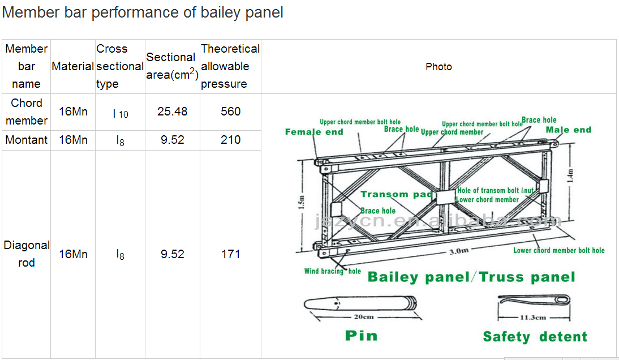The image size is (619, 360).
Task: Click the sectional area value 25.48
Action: pyautogui.click(x=172, y=112)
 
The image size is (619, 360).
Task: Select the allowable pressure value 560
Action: pyautogui.click(x=230, y=112)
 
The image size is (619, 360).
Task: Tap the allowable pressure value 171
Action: pyautogui.click(x=230, y=254)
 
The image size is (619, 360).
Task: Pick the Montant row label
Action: pyautogui.click(x=26, y=140)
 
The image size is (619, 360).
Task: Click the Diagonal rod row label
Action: pyautogui.click(x=26, y=254)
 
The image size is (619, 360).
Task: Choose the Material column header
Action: pyautogui.click(x=72, y=66)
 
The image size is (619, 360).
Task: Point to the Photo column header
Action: pyautogui.click(x=439, y=67)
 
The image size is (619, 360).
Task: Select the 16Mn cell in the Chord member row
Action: pyautogui.click(x=73, y=112)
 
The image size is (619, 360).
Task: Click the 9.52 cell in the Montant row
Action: pyautogui.click(x=172, y=140)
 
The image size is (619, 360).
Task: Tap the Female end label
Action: pyautogui.click(x=314, y=132)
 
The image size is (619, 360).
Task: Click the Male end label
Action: pyautogui.click(x=568, y=130)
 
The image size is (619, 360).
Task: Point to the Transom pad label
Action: pyautogui.click(x=396, y=194)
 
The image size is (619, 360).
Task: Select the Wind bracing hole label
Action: pyautogui.click(x=332, y=271)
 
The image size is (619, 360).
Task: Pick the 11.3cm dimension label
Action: pyautogui.click(x=532, y=318)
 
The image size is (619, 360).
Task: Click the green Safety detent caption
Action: pyautogui.click(x=535, y=337)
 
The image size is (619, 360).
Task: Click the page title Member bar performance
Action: pyautogui.click(x=143, y=12)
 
